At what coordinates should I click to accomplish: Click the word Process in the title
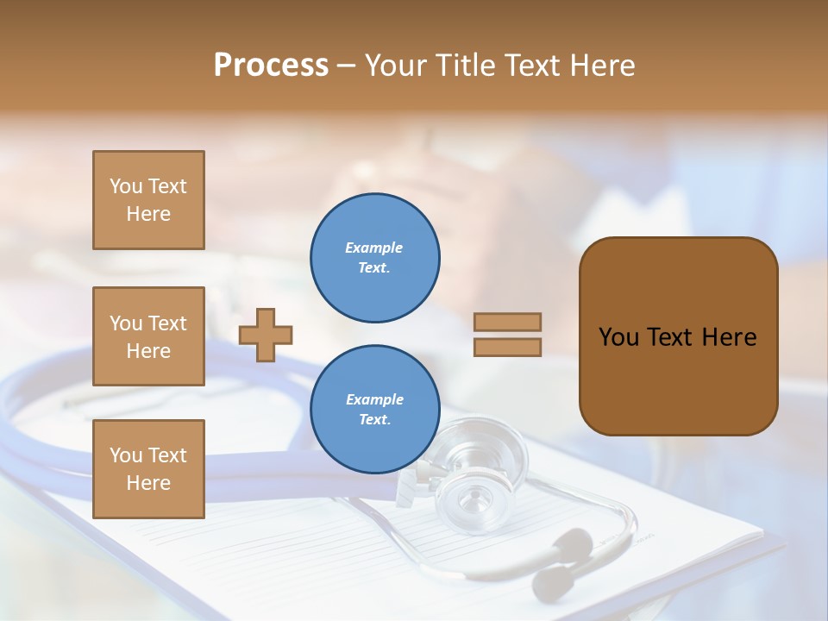(271, 66)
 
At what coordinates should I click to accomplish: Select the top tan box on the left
(148, 200)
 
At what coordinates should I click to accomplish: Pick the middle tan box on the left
(148, 336)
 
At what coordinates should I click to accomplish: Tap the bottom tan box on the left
(148, 468)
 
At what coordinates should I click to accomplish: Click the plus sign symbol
(266, 335)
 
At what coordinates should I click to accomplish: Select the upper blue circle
(375, 258)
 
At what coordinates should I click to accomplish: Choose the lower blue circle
(375, 410)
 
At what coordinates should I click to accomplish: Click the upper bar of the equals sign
(507, 322)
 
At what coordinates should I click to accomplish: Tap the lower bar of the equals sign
(507, 347)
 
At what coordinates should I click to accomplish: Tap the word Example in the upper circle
(374, 248)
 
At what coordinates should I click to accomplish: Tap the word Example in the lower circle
(374, 399)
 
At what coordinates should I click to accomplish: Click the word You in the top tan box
(125, 186)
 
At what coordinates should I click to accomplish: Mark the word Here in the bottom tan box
(148, 483)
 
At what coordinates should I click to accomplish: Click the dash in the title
(346, 66)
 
